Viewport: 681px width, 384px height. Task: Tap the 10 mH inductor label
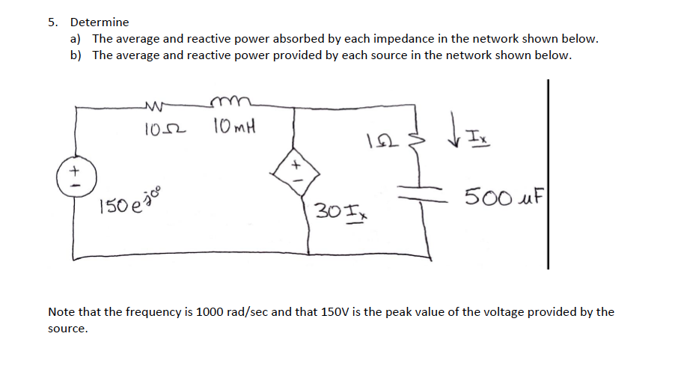233,128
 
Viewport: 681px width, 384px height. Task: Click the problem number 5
52,22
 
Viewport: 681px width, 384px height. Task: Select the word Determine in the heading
100,22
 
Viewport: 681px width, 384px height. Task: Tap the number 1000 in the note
209,311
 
